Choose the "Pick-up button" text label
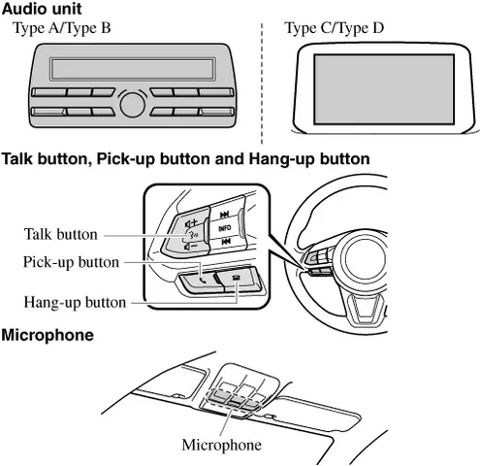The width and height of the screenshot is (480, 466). pyautogui.click(x=71, y=262)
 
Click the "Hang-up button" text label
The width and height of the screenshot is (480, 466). pyautogui.click(x=76, y=302)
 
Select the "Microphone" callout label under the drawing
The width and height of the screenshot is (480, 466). pyautogui.click(x=222, y=445)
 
